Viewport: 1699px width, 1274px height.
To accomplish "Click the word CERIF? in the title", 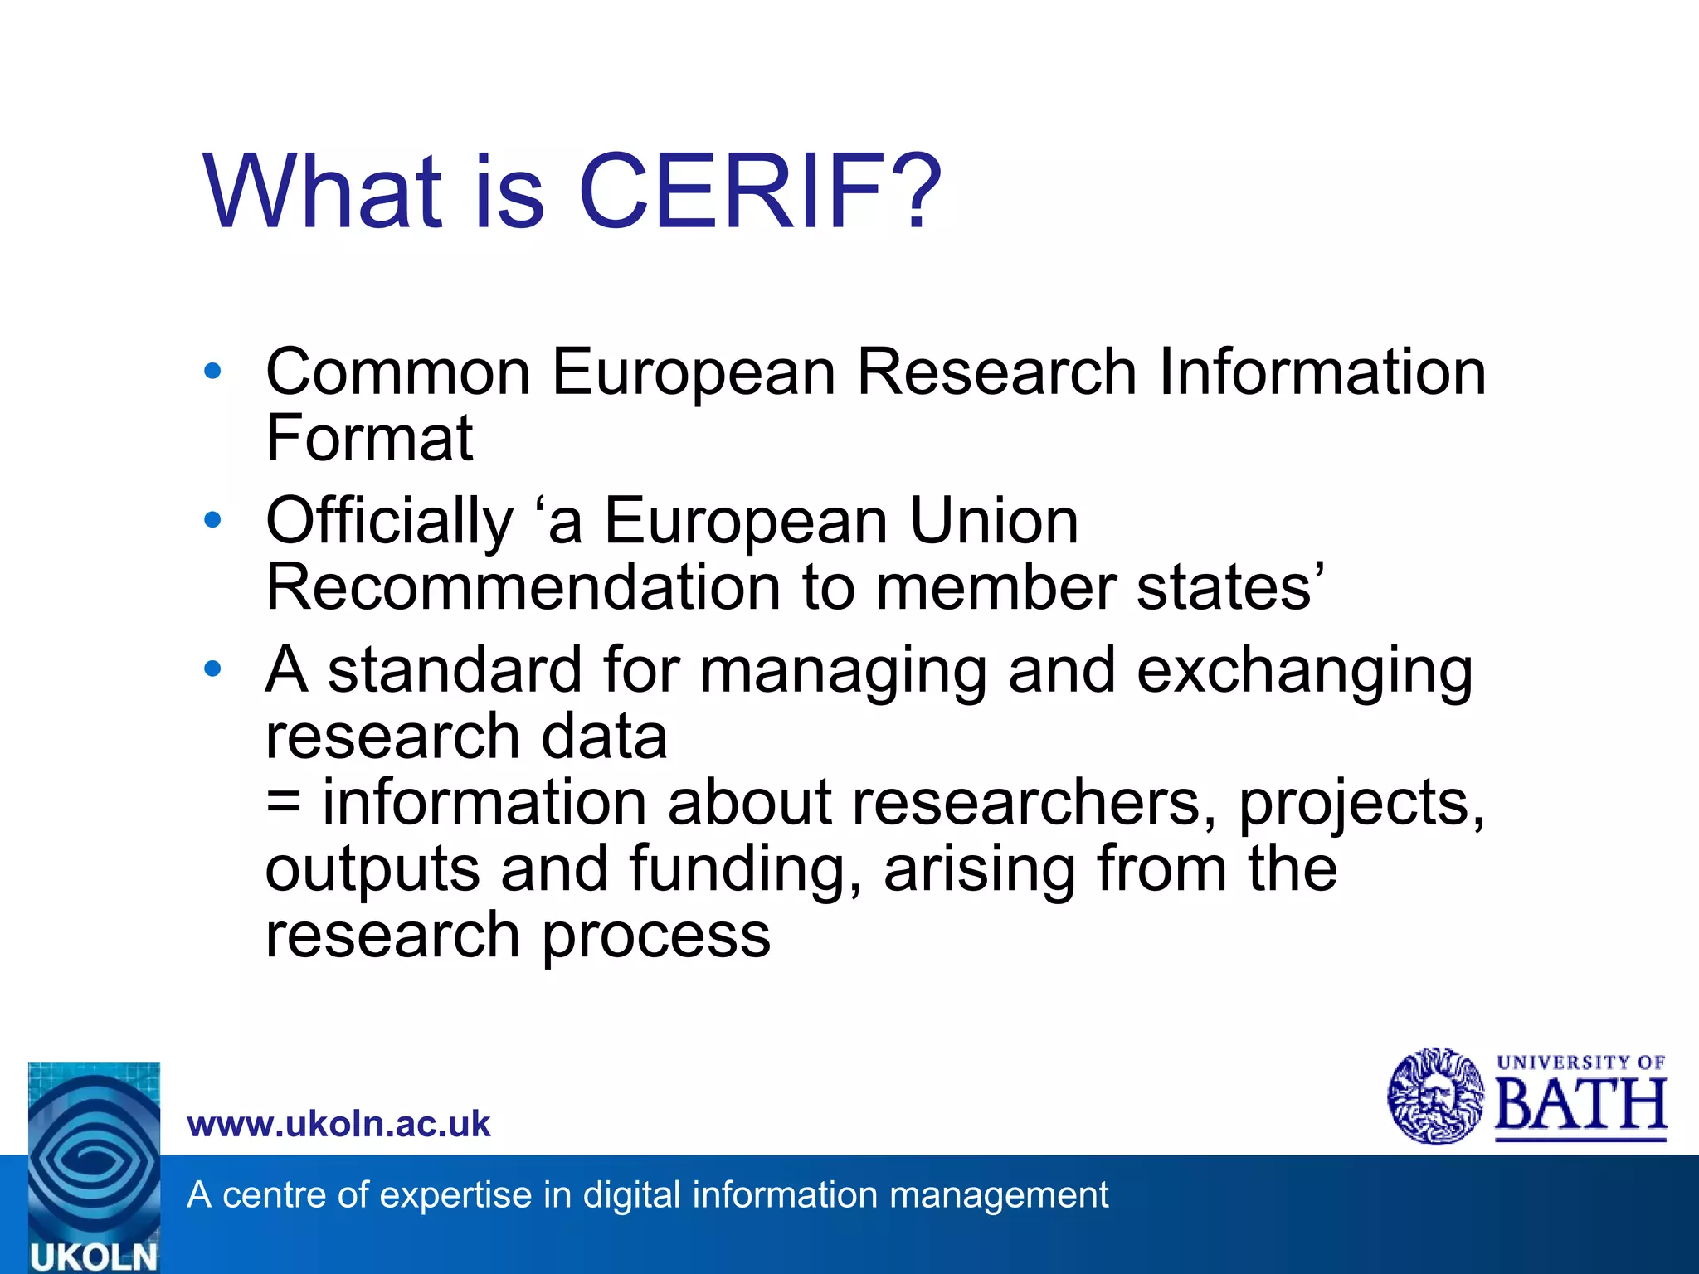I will (760, 192).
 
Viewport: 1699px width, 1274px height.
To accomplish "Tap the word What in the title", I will (324, 192).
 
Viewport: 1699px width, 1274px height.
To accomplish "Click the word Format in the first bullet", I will (369, 439).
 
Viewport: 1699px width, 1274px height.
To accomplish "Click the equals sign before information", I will (284, 803).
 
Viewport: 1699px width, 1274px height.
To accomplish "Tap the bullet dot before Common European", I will (213, 371).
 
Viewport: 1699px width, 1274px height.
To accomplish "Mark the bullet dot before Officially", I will (213, 520).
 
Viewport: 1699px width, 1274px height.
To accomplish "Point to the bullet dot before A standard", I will (213, 669).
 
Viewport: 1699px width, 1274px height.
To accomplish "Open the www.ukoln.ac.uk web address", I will (339, 1124).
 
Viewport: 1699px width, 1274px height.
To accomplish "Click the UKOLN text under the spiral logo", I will (93, 1257).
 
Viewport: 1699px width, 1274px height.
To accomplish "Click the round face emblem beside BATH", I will (1436, 1097).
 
